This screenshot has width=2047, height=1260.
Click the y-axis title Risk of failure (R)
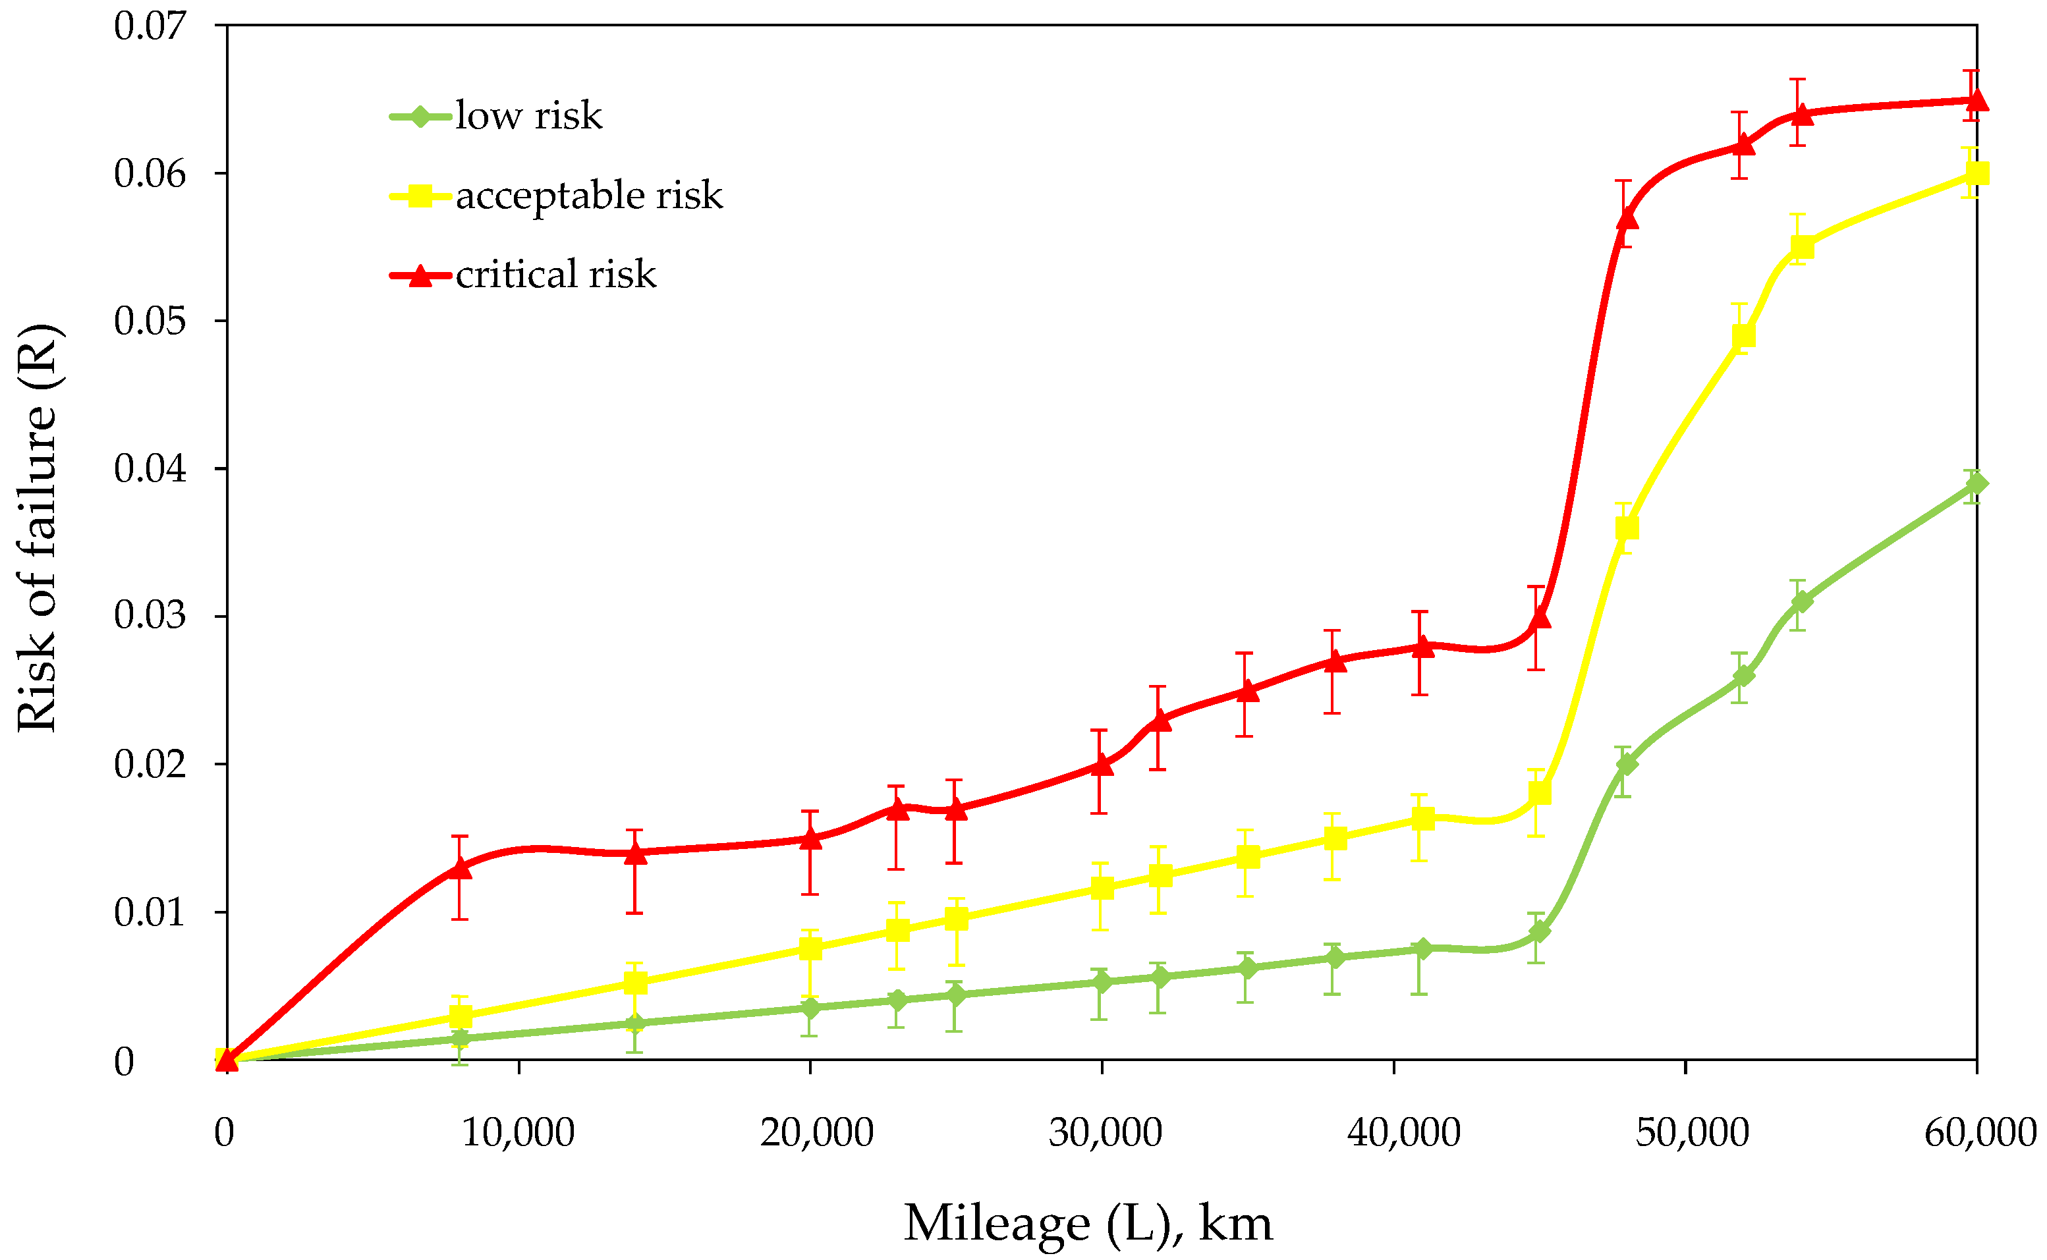tap(38, 528)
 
